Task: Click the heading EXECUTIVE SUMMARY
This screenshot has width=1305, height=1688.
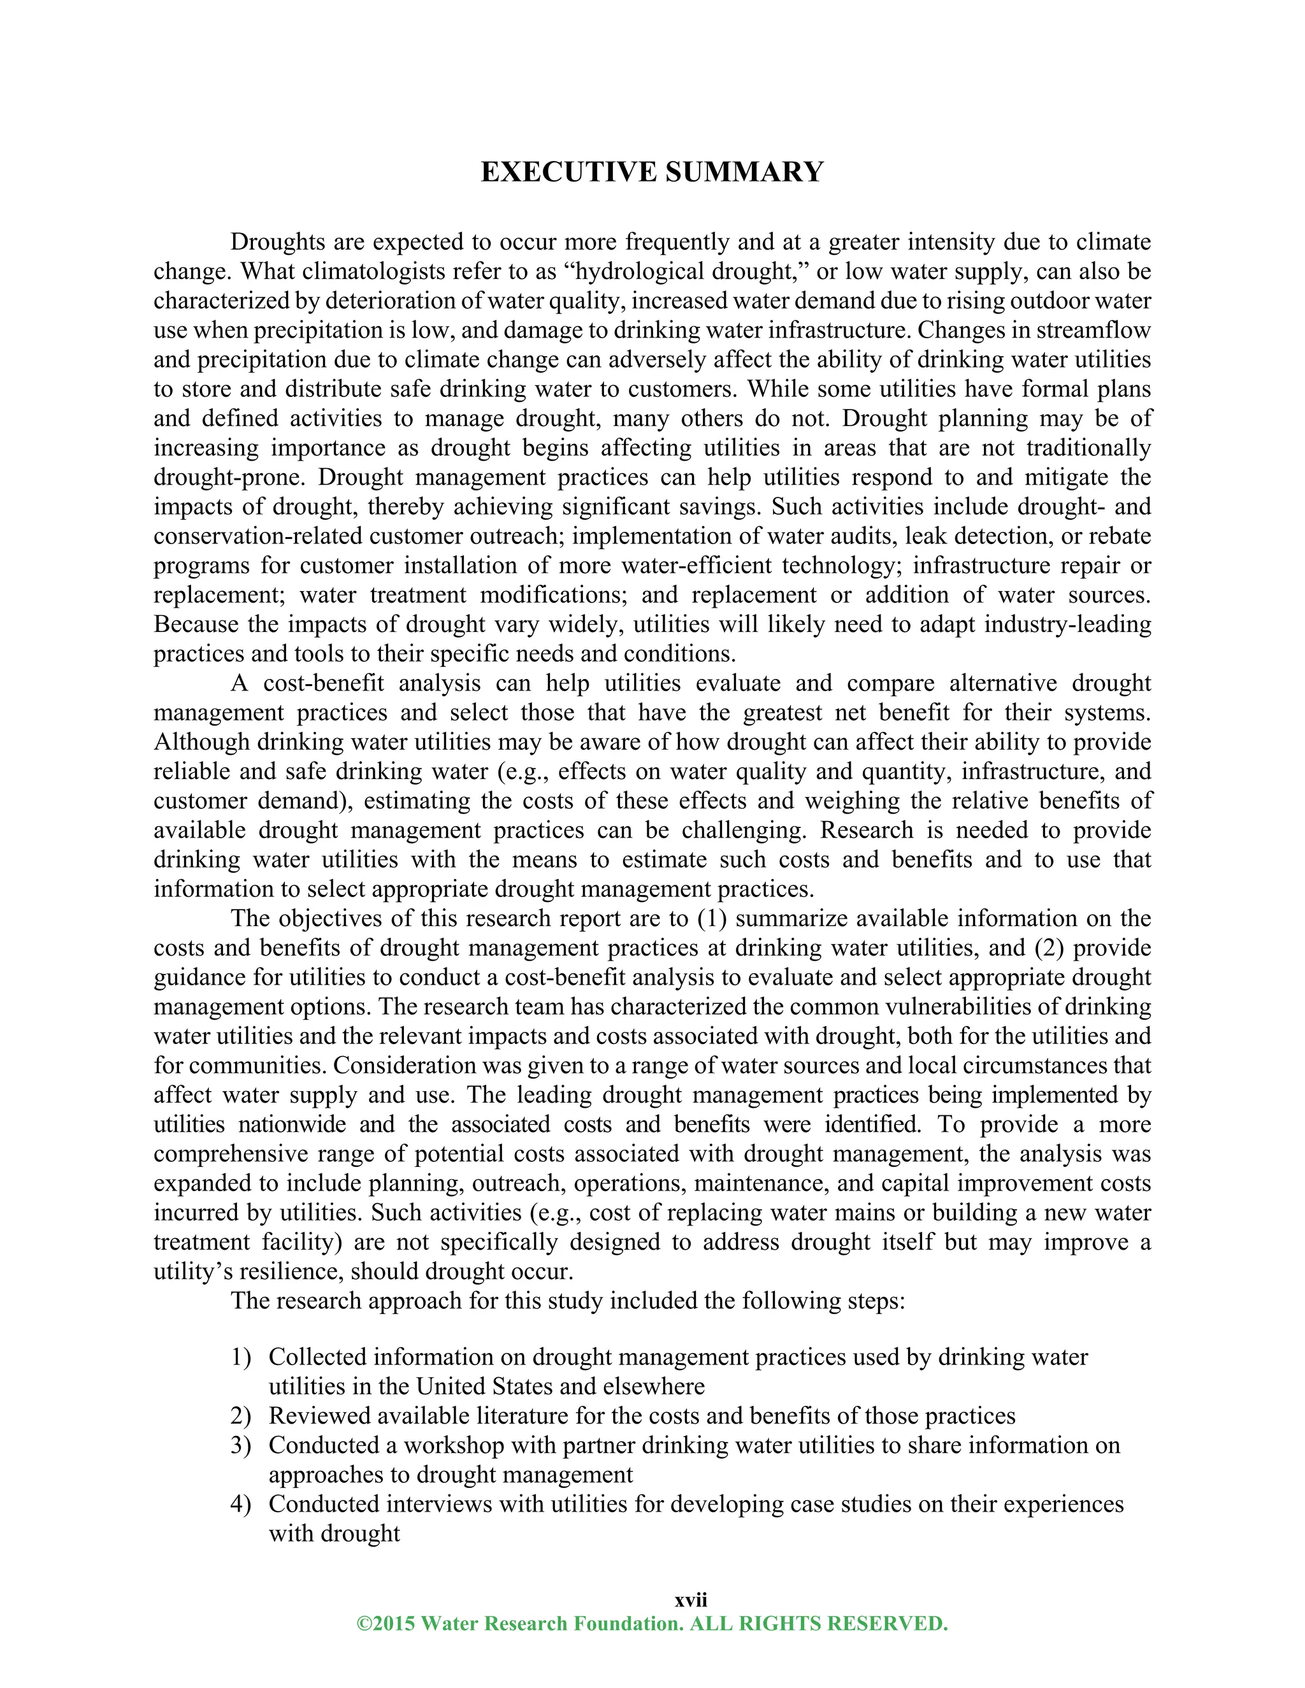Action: point(652,171)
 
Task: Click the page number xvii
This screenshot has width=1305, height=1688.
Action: point(690,1599)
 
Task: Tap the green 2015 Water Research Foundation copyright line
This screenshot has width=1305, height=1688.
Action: point(652,1623)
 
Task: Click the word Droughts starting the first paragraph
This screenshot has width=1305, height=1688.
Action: point(278,242)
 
